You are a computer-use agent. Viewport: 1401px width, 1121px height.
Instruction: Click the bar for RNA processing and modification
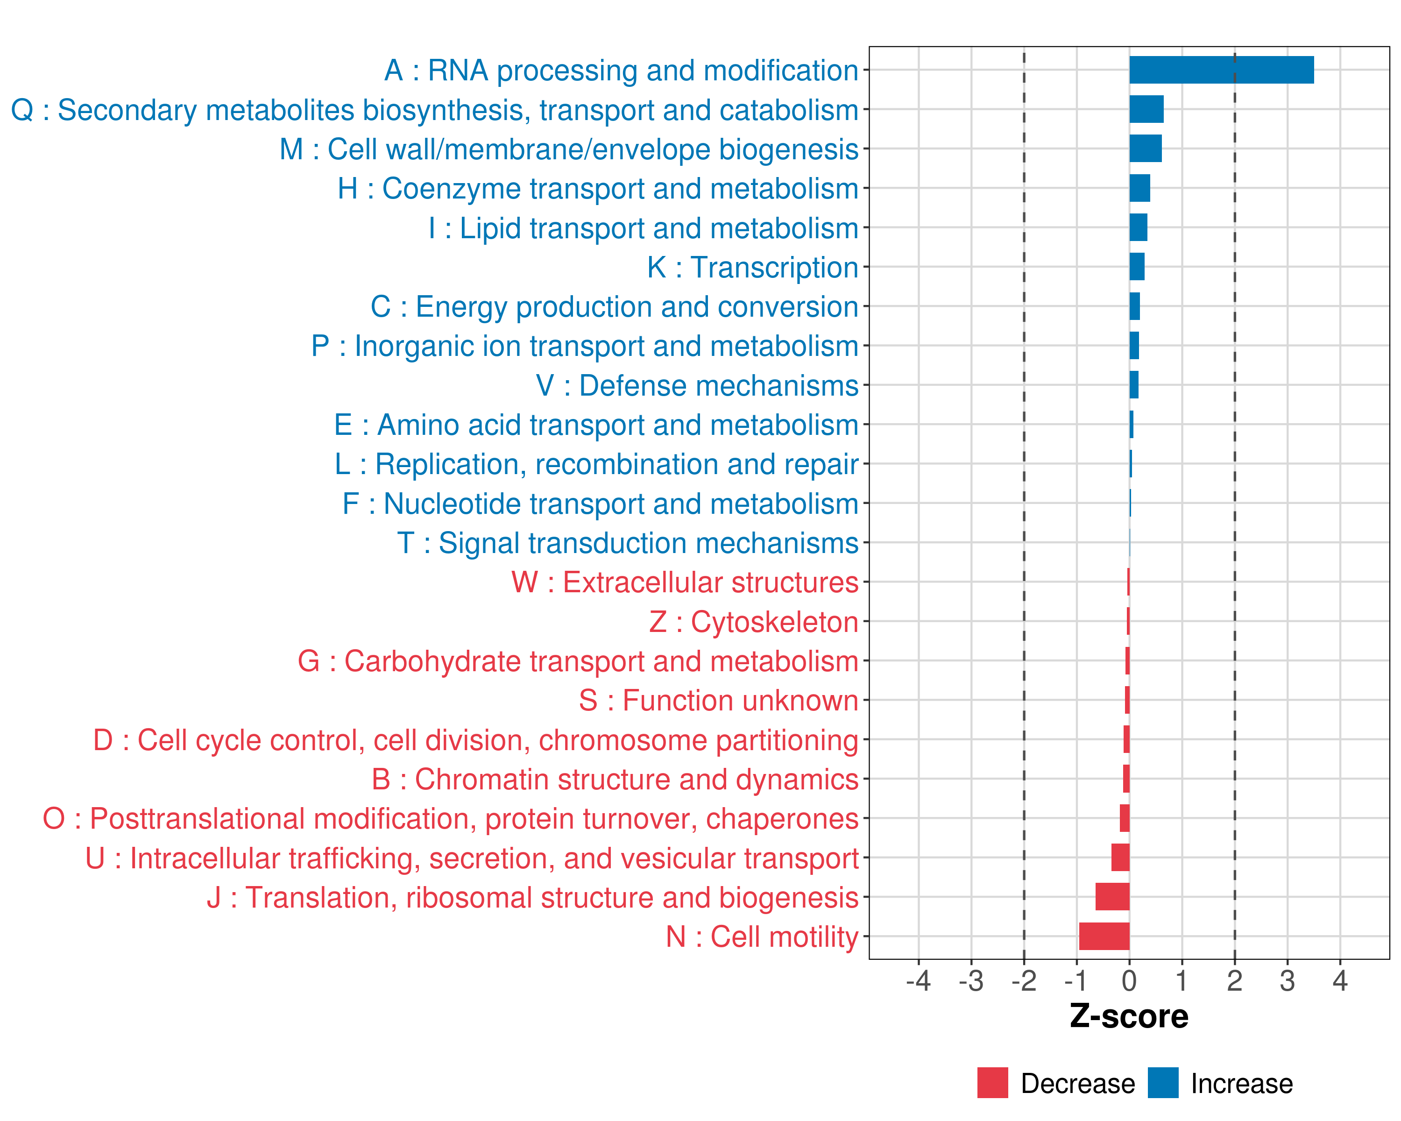tap(1221, 70)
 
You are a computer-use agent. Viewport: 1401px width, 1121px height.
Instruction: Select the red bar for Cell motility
tap(1104, 937)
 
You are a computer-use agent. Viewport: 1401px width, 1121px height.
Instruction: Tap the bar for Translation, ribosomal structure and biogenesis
tap(1112, 897)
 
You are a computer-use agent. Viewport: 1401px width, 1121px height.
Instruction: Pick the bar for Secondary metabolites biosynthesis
tap(1146, 109)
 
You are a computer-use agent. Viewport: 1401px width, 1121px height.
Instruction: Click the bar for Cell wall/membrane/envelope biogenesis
tap(1145, 149)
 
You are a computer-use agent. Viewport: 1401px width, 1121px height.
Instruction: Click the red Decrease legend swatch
tap(992, 1083)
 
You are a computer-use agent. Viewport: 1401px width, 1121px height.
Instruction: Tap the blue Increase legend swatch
tap(1162, 1083)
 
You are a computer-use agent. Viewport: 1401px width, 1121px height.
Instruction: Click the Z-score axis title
tap(1129, 1016)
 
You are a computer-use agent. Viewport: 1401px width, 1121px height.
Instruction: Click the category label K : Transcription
tap(752, 268)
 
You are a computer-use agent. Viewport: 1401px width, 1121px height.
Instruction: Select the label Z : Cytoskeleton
tap(754, 622)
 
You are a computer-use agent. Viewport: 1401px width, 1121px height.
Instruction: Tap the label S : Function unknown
tap(719, 701)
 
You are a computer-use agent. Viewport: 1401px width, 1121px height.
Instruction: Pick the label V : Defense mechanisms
tap(697, 386)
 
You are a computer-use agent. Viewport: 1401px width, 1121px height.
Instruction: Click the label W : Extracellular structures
tap(685, 582)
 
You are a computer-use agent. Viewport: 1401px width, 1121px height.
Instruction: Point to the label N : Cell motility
tap(762, 937)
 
